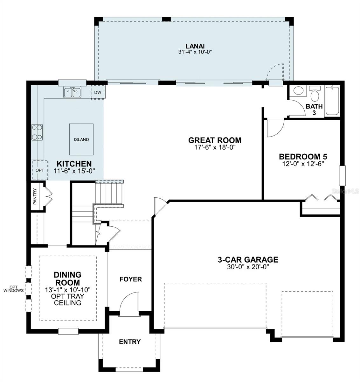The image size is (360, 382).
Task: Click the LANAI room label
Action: (195, 46)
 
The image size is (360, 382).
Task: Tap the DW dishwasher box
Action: (98, 92)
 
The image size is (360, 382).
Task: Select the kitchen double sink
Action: (72, 92)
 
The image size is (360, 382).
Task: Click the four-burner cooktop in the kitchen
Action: (37, 132)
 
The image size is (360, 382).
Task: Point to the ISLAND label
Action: (81, 139)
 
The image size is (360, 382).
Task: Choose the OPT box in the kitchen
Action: (40, 170)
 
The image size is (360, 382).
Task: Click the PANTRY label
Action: (35, 196)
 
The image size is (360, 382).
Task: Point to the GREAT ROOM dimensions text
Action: (215, 148)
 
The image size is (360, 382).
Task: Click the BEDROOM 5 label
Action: (303, 157)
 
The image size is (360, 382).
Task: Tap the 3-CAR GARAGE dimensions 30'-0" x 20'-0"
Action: (248, 267)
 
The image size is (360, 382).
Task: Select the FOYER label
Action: (131, 279)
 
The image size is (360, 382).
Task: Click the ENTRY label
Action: (130, 342)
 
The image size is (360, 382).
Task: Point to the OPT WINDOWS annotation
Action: (14, 289)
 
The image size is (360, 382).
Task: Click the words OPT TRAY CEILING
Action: (67, 299)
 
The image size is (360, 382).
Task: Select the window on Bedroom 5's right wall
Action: (342, 176)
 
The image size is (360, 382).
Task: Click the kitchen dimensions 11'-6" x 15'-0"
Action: (74, 171)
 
